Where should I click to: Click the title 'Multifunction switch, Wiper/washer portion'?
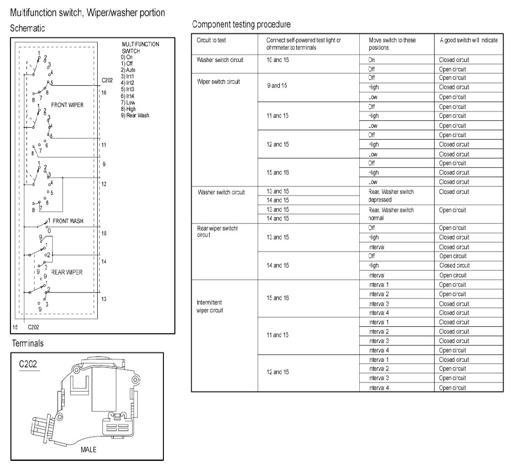87,13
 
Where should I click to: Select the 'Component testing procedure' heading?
241,24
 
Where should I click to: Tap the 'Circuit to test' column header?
211,40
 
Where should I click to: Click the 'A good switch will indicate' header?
469,40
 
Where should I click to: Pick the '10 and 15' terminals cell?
278,60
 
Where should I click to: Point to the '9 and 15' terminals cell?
276,86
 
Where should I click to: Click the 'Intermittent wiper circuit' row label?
210,306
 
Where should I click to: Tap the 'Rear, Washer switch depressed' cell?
391,196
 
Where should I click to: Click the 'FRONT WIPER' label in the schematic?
67,105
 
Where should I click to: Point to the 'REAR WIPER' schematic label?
67,272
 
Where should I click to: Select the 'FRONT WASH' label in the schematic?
68,221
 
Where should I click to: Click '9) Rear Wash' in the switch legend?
135,115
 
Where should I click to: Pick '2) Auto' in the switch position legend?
128,70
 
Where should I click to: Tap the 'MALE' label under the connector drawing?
88,449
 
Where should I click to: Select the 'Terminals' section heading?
27,343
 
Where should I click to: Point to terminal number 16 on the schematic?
104,93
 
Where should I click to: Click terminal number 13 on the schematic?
104,299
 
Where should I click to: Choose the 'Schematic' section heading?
27,28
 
